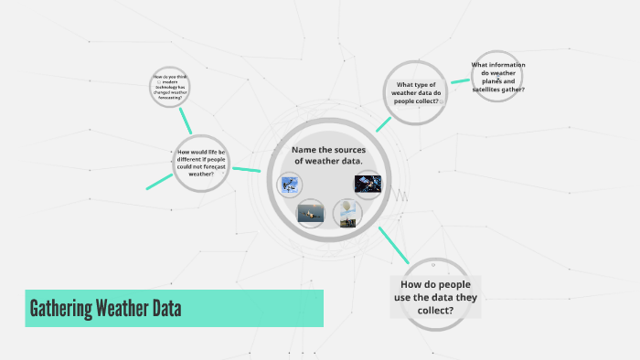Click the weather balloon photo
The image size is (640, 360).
pyautogui.click(x=290, y=184)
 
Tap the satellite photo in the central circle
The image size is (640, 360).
pyautogui.click(x=368, y=184)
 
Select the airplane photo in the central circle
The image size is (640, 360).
pyautogui.click(x=311, y=214)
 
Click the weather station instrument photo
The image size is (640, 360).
pyautogui.click(x=348, y=214)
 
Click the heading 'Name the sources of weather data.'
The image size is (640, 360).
pyautogui.click(x=327, y=154)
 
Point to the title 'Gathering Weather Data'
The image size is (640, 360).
pyautogui.click(x=105, y=309)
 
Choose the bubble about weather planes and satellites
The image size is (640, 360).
pyautogui.click(x=498, y=77)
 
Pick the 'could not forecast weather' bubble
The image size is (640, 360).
pyautogui.click(x=200, y=162)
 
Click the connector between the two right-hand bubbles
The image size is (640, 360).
pyautogui.click(x=460, y=82)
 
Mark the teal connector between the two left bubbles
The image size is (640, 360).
pyautogui.click(x=186, y=120)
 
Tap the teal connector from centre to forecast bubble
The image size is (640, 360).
pyautogui.click(x=246, y=169)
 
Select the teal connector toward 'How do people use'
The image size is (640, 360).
pyautogui.click(x=394, y=246)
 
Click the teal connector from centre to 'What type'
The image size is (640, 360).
pyautogui.click(x=382, y=124)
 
